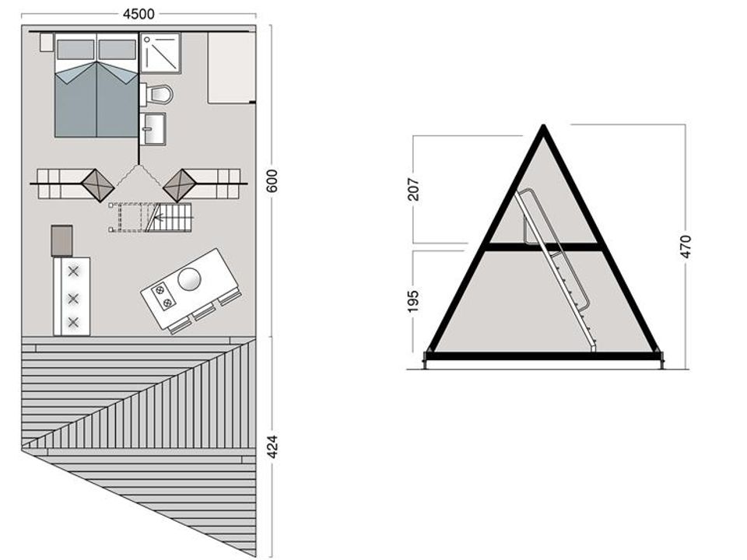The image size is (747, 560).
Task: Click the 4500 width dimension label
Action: tap(139, 14)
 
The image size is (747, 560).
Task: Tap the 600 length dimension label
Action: tap(272, 181)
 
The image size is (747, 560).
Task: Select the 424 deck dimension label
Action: tap(272, 446)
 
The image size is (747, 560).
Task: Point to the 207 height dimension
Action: tap(413, 189)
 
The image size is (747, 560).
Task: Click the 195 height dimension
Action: tap(413, 301)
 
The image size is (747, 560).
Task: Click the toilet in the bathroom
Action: tap(157, 94)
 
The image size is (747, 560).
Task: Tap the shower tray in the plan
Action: tap(160, 53)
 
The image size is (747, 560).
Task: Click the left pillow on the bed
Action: tap(75, 50)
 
